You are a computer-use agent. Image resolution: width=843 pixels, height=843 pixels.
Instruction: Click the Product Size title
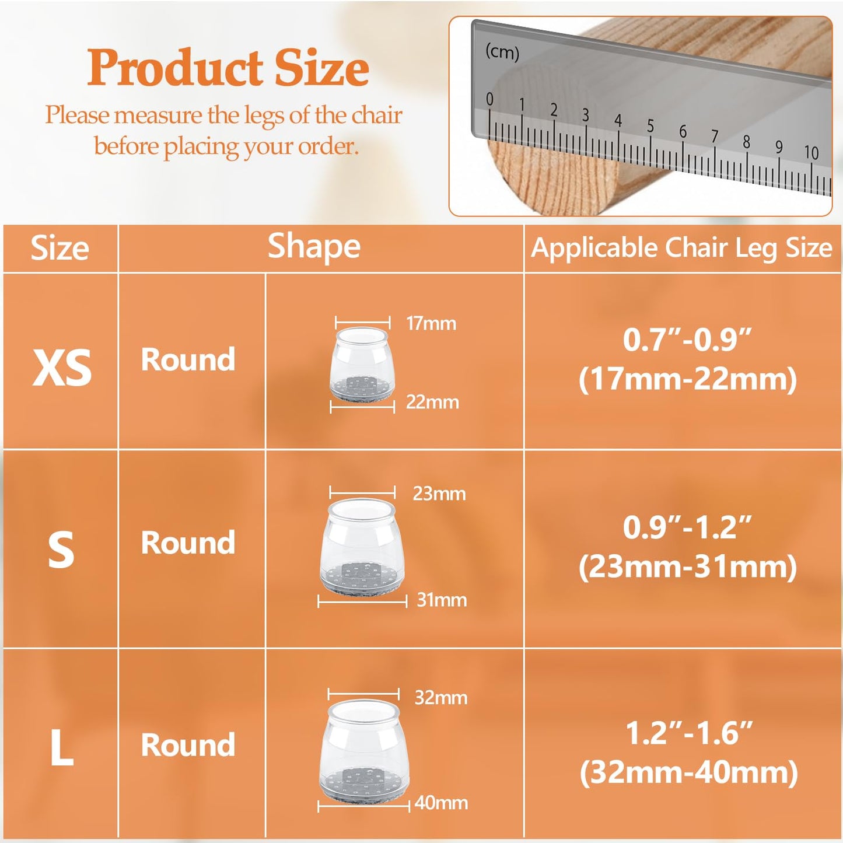[228, 68]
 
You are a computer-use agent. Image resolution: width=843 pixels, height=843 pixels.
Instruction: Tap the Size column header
[60, 249]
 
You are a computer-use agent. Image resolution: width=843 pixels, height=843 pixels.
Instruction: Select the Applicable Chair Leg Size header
[681, 248]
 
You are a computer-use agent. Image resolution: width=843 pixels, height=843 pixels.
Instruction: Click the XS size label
[62, 368]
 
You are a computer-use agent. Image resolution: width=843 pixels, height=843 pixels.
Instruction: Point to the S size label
[61, 550]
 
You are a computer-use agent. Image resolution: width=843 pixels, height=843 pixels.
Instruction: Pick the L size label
[61, 748]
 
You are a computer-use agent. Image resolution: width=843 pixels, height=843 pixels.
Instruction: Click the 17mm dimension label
[431, 323]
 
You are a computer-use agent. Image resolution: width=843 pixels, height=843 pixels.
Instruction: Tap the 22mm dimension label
[432, 402]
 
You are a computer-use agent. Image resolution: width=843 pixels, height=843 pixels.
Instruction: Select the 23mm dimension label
[439, 494]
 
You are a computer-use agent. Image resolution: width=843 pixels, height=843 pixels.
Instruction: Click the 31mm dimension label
[442, 600]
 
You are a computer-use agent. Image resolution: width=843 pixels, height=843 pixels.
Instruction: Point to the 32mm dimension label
[441, 697]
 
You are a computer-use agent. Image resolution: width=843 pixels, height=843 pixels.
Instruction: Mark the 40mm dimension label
[442, 803]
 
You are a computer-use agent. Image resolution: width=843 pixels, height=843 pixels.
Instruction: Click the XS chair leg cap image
[362, 365]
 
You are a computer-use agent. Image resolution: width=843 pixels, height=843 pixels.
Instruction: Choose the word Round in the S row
[188, 543]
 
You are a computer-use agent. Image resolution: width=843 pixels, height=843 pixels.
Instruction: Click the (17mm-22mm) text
[687, 379]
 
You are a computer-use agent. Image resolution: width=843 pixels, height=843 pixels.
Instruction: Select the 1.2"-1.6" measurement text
[689, 733]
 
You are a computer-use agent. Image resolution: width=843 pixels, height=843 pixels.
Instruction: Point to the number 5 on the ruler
[650, 126]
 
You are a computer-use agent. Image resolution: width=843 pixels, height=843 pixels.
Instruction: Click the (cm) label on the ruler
[502, 51]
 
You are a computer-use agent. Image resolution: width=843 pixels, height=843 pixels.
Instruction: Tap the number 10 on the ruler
[811, 153]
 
